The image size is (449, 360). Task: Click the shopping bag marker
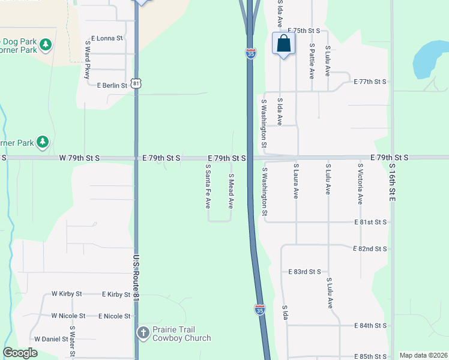[284, 44]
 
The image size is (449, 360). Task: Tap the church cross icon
[143, 332]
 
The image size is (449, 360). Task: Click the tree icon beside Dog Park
[45, 44]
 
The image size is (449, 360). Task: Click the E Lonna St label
[107, 38]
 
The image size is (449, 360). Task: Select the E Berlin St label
[112, 85]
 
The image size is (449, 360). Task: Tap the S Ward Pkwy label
[88, 59]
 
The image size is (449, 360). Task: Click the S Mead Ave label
[231, 191]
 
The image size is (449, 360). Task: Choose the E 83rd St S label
[304, 272]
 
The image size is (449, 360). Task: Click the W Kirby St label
[66, 295]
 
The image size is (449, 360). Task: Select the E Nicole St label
[114, 316]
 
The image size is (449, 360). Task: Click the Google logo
[20, 353]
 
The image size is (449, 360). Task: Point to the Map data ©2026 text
[423, 355]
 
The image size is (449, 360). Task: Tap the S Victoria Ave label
[360, 184]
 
